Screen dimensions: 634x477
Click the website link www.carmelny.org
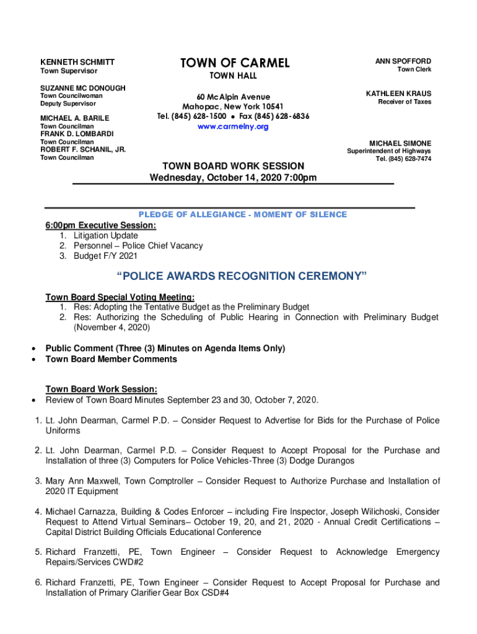tap(233, 127)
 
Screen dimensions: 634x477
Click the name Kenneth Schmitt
tap(77, 63)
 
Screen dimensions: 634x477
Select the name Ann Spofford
tap(403, 61)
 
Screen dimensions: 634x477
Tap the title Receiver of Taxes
tap(405, 102)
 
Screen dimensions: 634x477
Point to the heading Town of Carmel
tap(235, 63)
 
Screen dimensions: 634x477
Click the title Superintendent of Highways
tap(389, 152)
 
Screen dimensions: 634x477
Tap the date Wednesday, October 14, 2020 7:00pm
tap(233, 178)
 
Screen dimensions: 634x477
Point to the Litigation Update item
tap(105, 236)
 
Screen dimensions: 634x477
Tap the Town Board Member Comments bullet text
tap(111, 359)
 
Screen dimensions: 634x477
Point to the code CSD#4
tap(209, 593)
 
